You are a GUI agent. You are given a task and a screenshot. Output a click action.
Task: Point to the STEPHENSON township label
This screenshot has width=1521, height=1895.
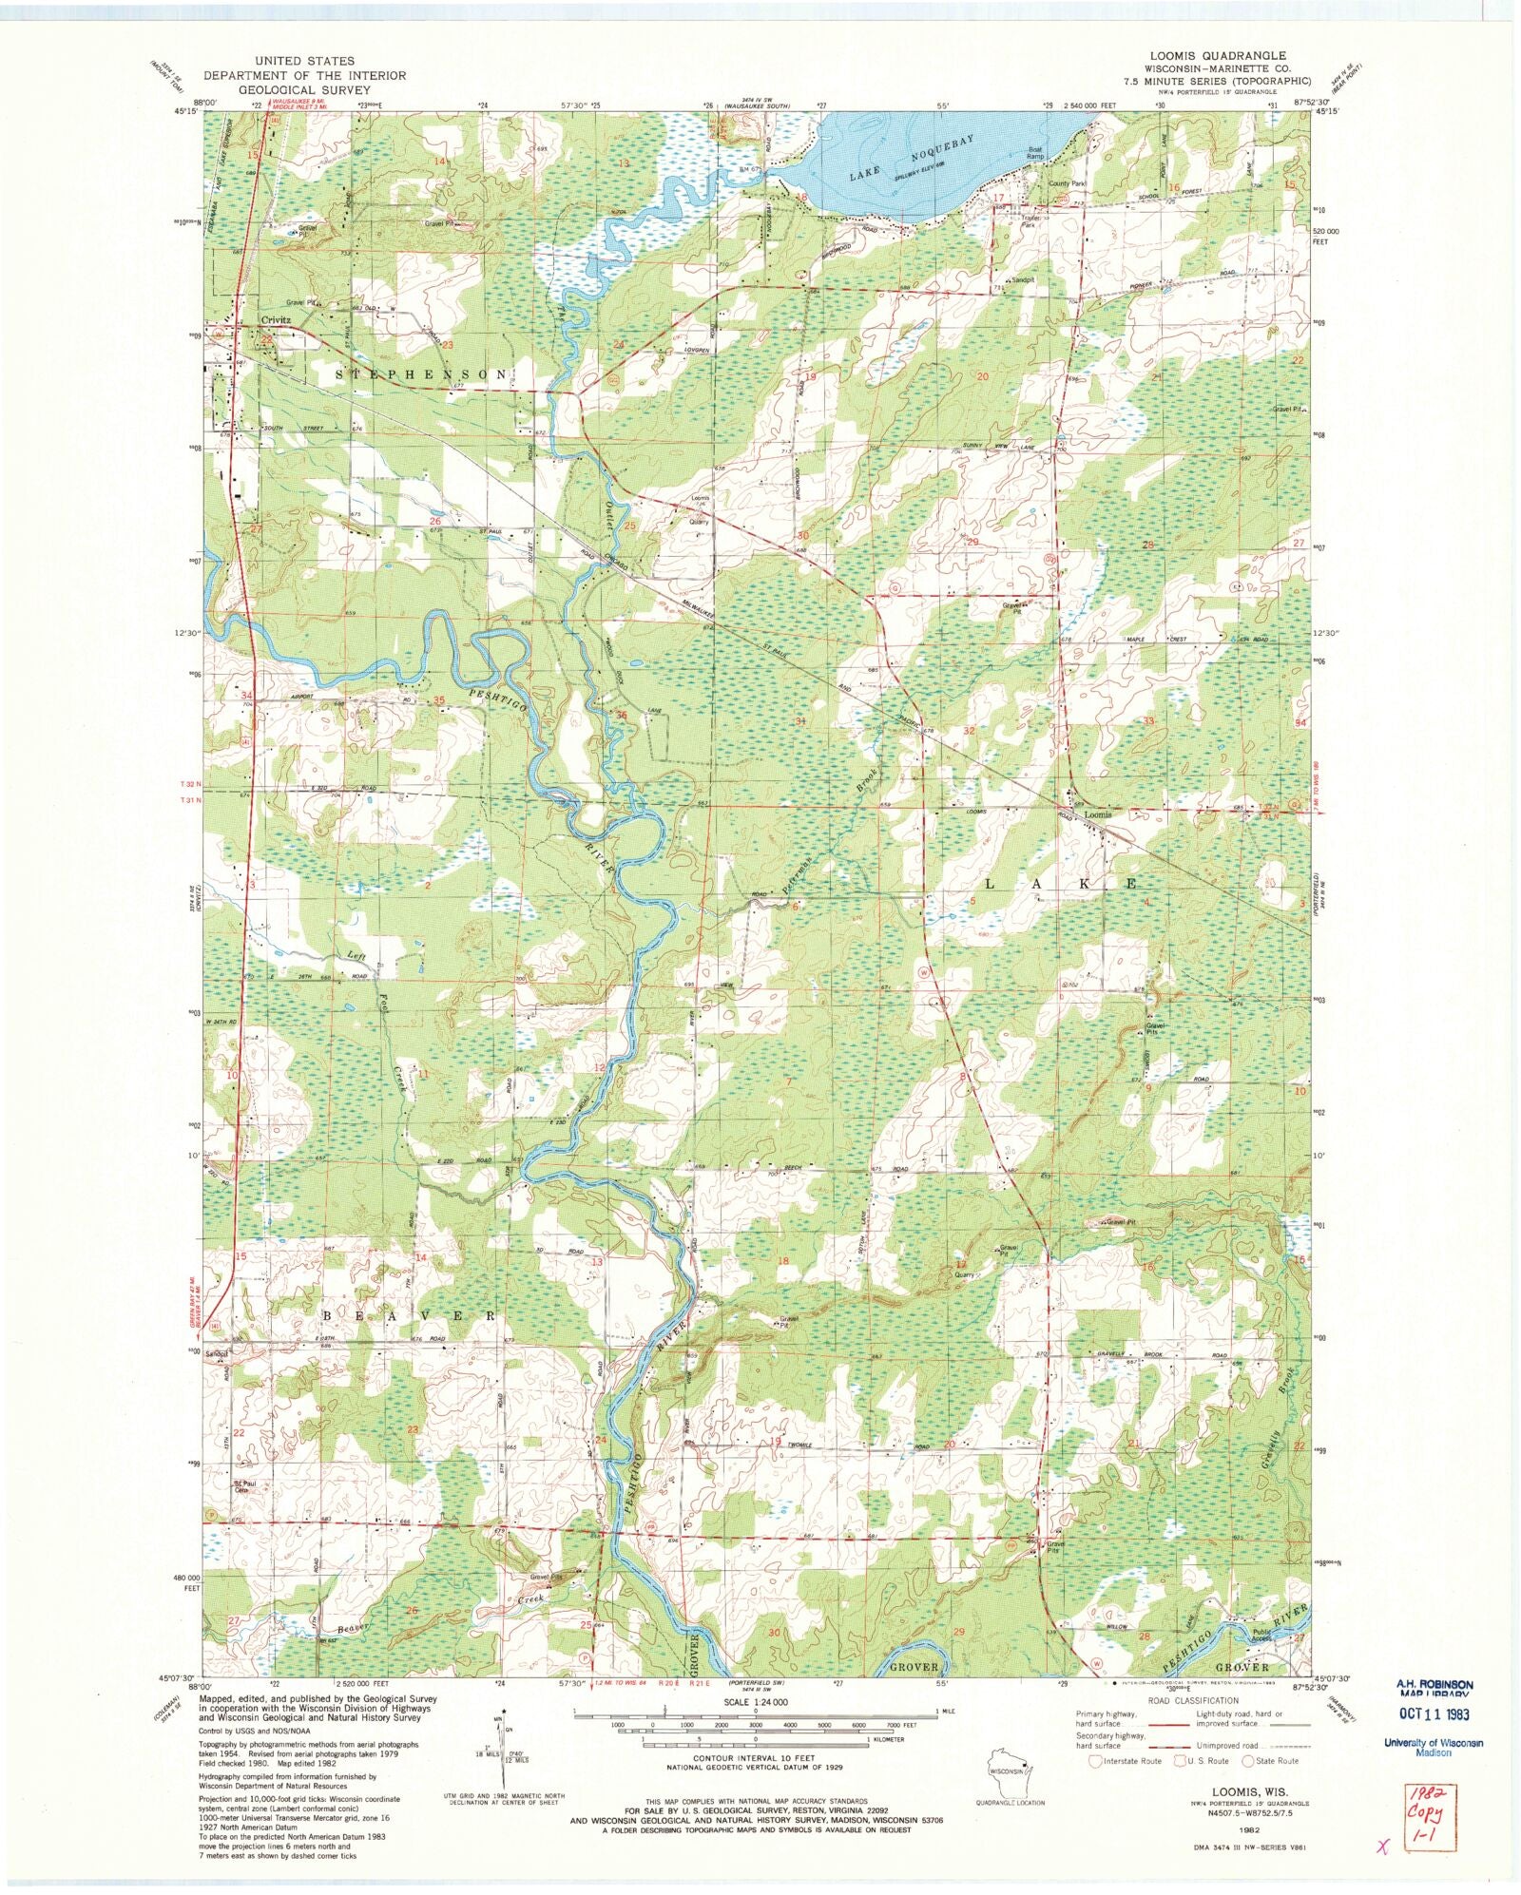(422, 374)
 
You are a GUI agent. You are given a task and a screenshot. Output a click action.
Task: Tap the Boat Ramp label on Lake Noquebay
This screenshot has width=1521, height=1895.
(1035, 153)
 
